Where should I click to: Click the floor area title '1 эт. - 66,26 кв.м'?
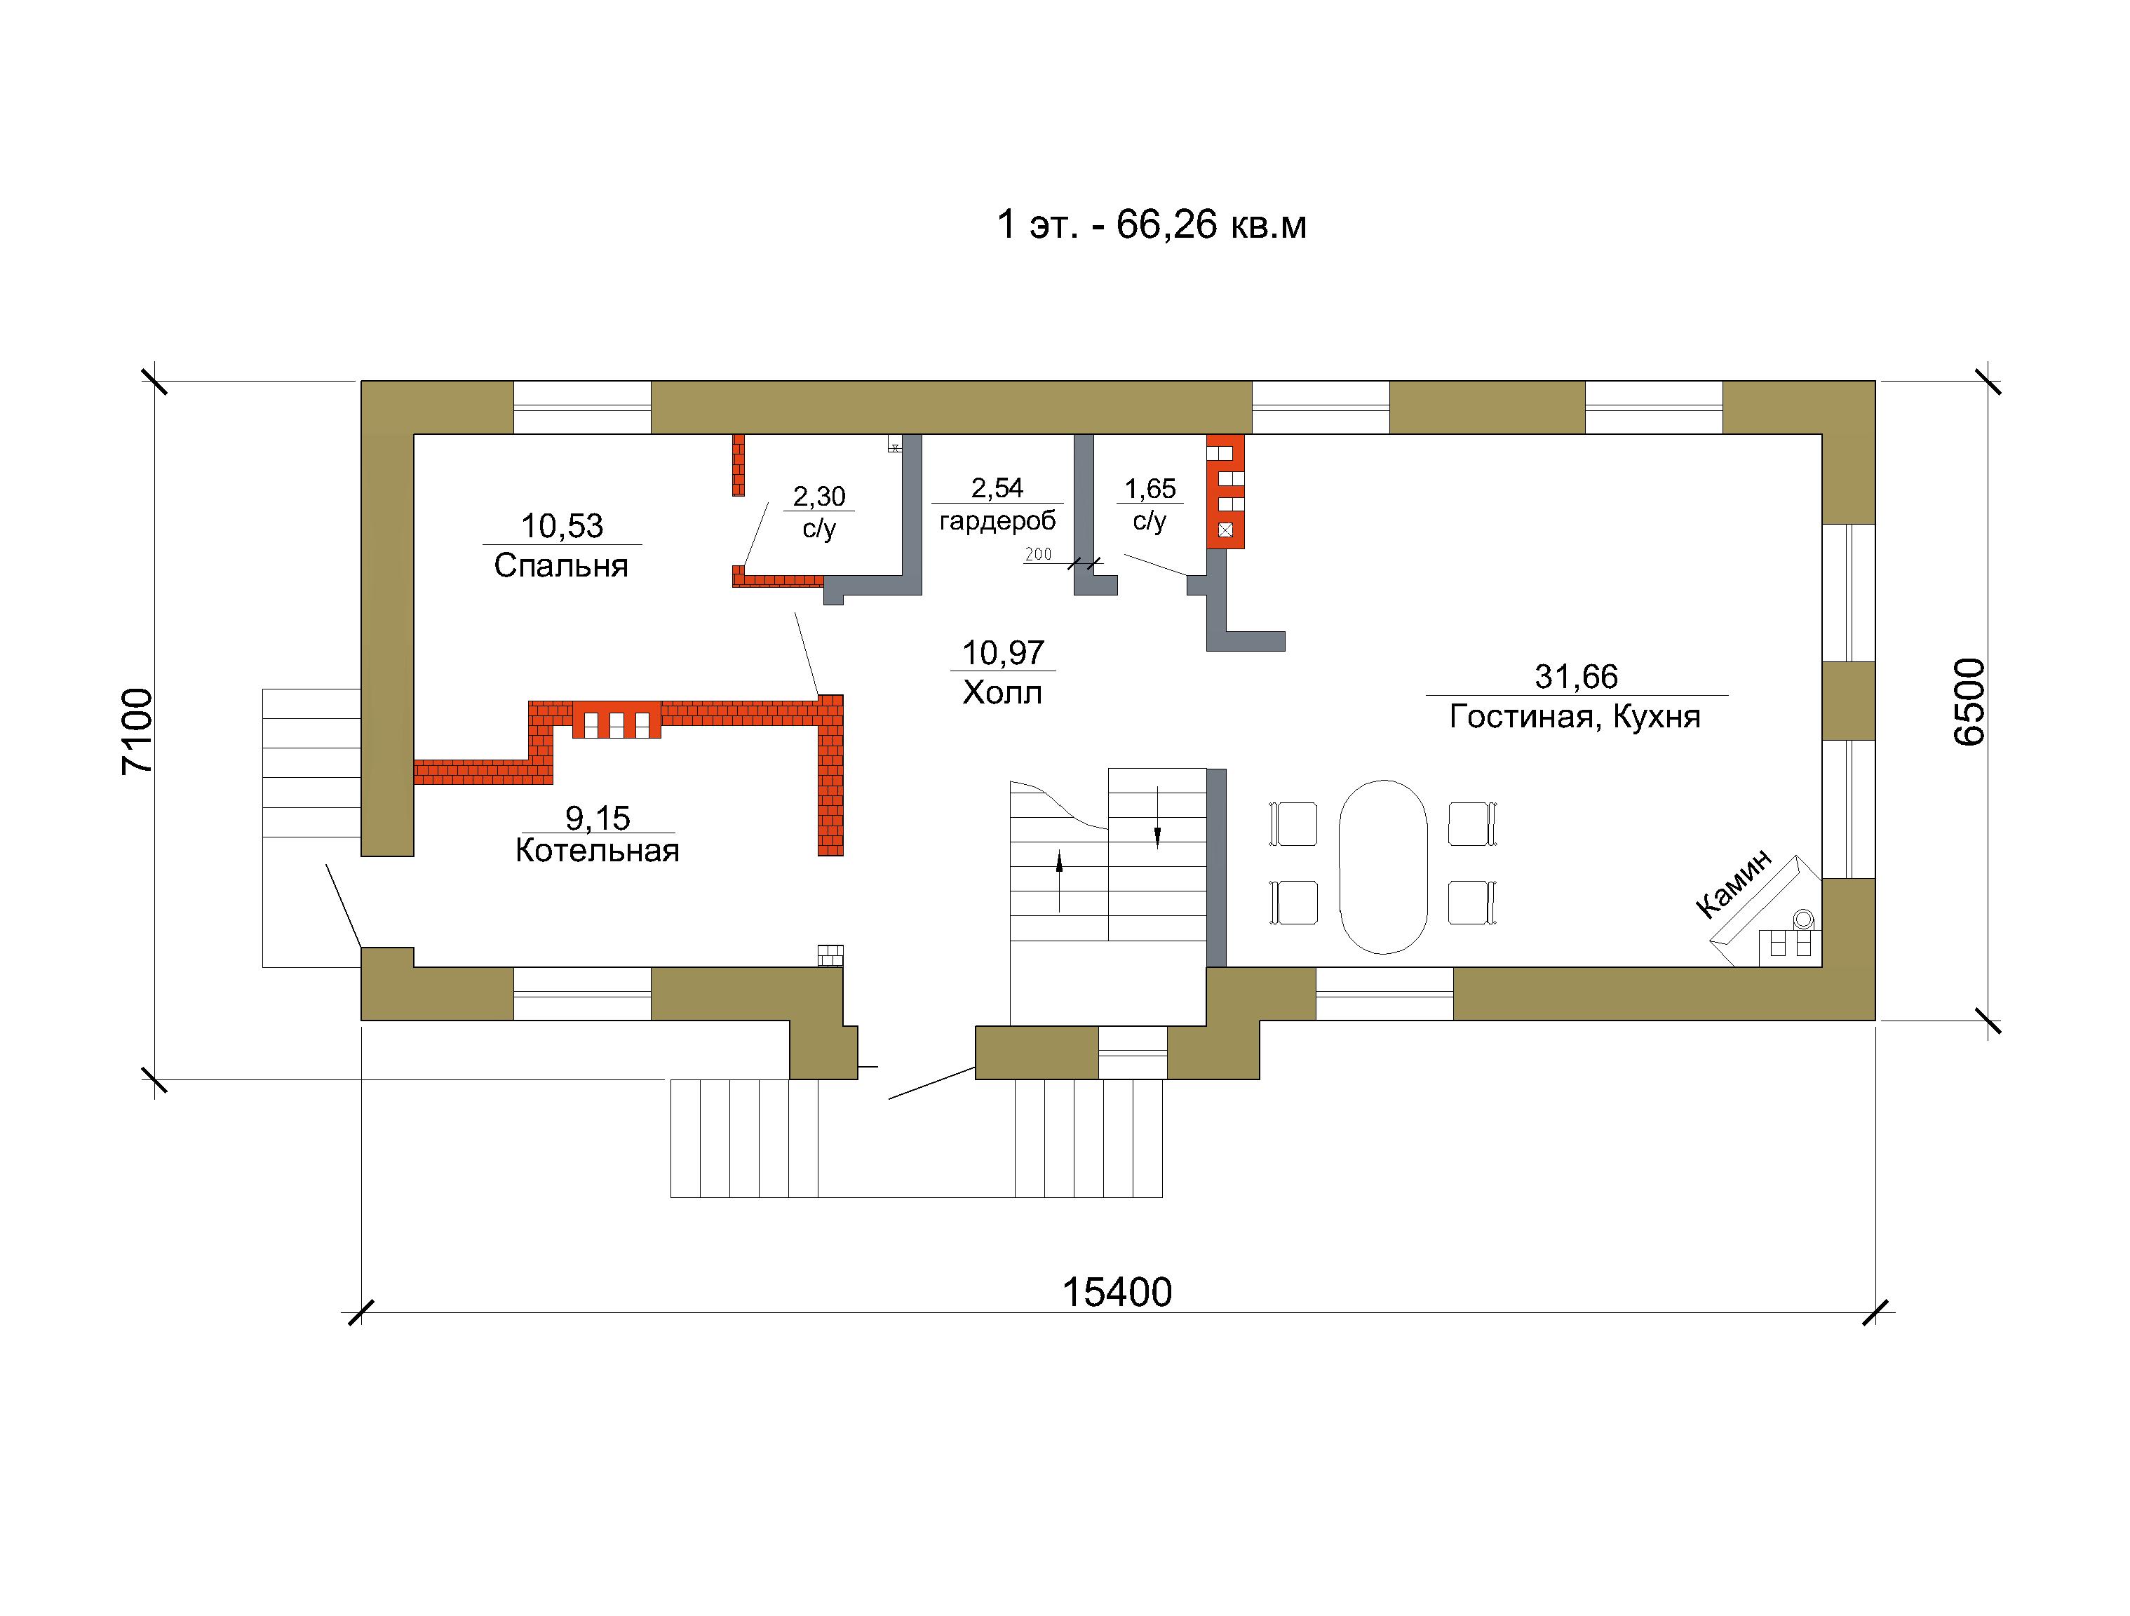(x=1152, y=224)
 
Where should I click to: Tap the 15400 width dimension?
(x=1117, y=1293)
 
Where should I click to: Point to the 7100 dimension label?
(x=137, y=731)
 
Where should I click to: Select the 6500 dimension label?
(x=1969, y=701)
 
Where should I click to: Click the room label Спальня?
(x=561, y=565)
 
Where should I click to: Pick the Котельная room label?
(x=597, y=850)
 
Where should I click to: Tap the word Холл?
(x=1002, y=692)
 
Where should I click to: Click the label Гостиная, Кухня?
(x=1575, y=717)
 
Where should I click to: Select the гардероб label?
(x=997, y=521)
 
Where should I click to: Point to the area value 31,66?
(x=1577, y=677)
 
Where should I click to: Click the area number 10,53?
(x=562, y=526)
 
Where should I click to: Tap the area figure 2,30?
(x=819, y=497)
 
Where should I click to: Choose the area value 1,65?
(x=1151, y=490)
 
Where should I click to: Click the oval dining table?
(x=1383, y=867)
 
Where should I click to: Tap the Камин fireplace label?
(x=1733, y=883)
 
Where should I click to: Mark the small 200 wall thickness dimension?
(x=1038, y=554)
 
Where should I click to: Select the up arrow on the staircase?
(x=1059, y=880)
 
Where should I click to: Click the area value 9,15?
(x=598, y=819)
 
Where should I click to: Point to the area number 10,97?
(x=1004, y=653)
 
